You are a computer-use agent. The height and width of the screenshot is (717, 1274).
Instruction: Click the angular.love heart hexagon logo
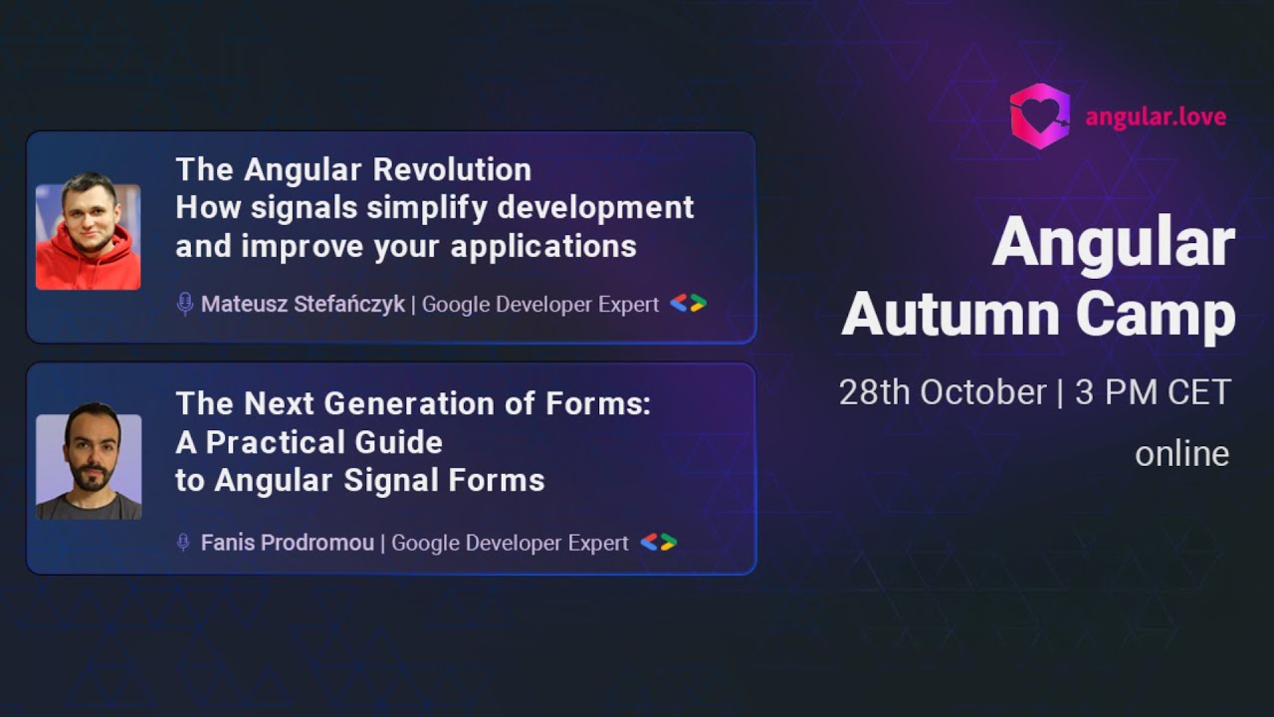pyautogui.click(x=1039, y=117)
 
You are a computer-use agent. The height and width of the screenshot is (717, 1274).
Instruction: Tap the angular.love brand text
pyautogui.click(x=1156, y=118)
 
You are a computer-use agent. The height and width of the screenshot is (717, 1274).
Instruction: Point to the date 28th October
pyautogui.click(x=942, y=392)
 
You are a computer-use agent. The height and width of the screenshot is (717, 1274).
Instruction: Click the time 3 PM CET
pyautogui.click(x=1154, y=392)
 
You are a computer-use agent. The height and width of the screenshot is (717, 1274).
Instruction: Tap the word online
pyautogui.click(x=1181, y=454)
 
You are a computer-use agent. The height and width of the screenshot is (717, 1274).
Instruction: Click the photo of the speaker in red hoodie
pyautogui.click(x=88, y=237)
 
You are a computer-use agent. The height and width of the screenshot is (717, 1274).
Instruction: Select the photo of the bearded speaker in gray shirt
pyautogui.click(x=89, y=467)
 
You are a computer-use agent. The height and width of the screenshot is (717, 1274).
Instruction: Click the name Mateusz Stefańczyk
pyautogui.click(x=303, y=305)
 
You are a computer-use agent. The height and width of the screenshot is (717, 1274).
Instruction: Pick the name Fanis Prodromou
pyautogui.click(x=287, y=543)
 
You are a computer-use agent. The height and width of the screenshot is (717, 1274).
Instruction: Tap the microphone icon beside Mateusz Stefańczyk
pyautogui.click(x=184, y=305)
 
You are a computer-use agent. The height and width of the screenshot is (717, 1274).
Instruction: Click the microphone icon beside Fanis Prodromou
pyautogui.click(x=183, y=543)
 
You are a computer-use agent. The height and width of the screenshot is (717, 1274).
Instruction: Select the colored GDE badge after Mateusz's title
pyautogui.click(x=688, y=304)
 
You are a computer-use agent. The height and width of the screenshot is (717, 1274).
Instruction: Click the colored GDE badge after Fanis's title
pyautogui.click(x=658, y=543)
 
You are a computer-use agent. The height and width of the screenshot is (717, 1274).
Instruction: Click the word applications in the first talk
pyautogui.click(x=543, y=246)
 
